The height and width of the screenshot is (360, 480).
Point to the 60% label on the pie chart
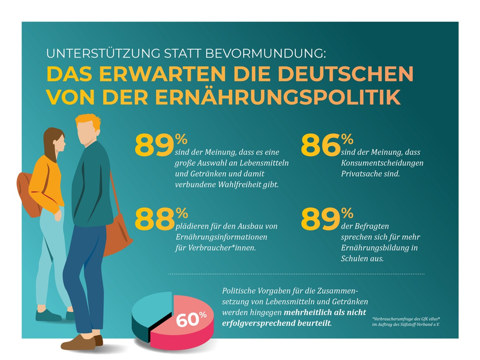tap(191, 319)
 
